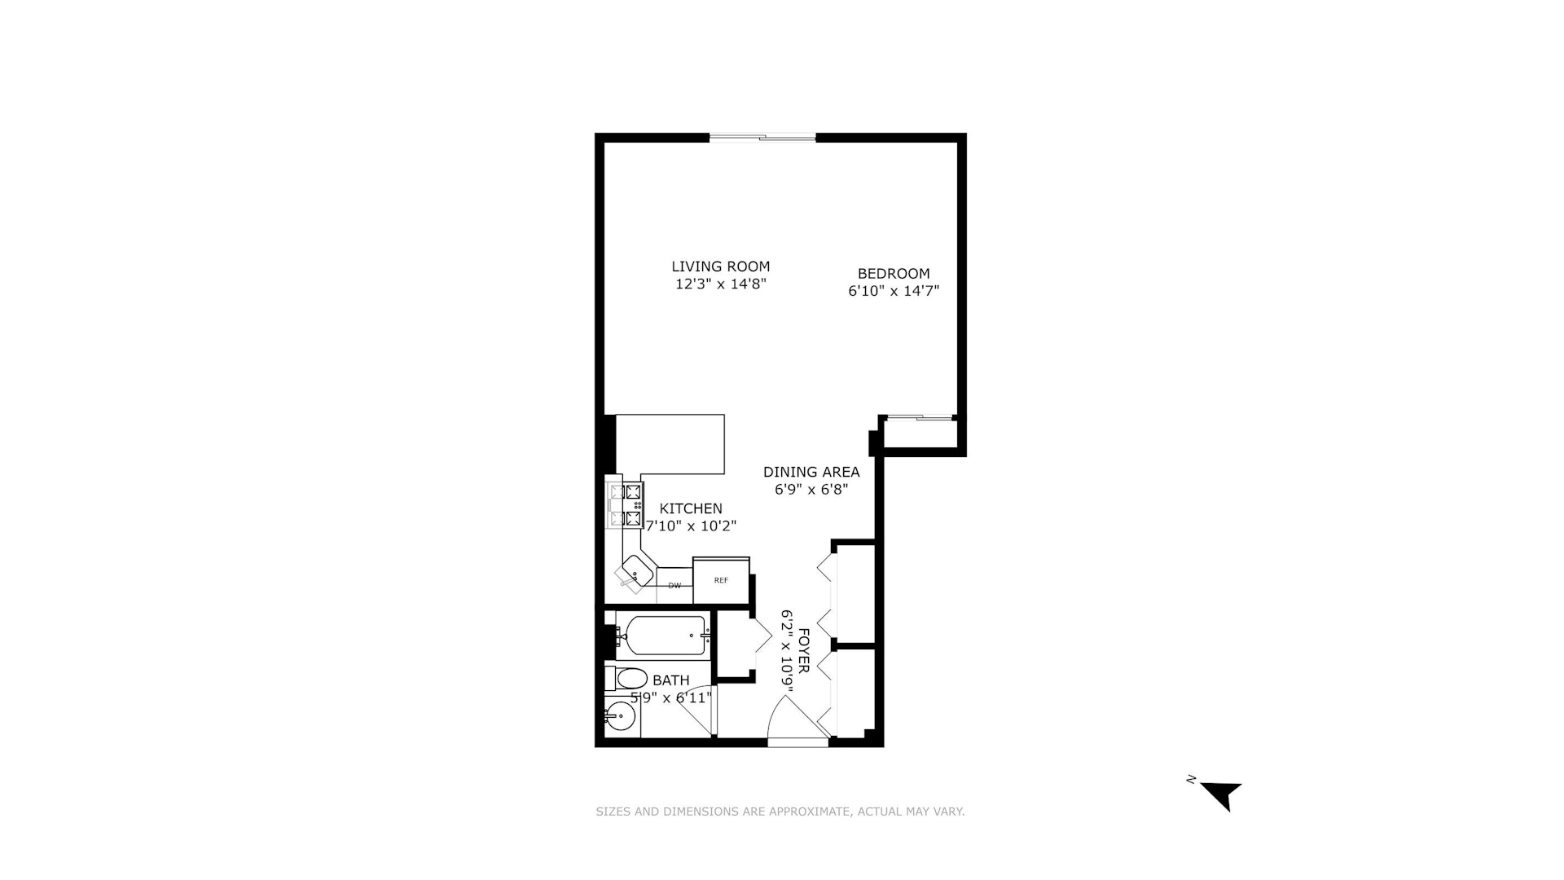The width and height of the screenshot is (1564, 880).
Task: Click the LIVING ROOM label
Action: click(720, 266)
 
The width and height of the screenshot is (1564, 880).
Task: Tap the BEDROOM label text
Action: click(893, 274)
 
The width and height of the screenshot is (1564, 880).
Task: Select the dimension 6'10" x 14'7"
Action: click(894, 291)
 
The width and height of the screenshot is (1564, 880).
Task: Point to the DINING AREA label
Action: click(811, 473)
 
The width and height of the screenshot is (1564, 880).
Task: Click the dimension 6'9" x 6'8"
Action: click(811, 490)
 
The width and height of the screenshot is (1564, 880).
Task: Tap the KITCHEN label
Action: click(691, 508)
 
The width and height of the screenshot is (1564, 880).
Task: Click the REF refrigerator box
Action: click(721, 580)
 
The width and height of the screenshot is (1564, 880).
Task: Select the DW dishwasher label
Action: click(674, 586)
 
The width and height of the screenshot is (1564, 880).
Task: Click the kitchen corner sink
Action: click(635, 572)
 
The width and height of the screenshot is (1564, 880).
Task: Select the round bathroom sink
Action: click(621, 718)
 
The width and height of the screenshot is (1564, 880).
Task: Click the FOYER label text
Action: click(802, 650)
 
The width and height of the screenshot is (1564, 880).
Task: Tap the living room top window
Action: click(762, 138)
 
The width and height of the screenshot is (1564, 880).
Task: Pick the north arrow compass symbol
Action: click(1221, 794)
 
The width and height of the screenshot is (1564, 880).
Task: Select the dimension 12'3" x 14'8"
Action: click(720, 284)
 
